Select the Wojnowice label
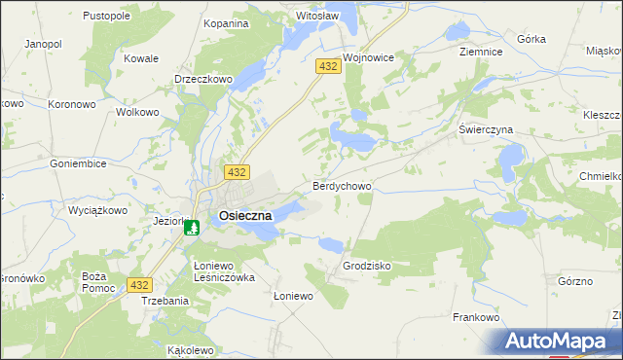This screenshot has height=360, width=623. (368, 57)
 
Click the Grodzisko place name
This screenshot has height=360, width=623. (367, 265)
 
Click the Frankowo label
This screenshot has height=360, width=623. (476, 317)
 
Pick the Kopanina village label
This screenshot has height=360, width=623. (226, 22)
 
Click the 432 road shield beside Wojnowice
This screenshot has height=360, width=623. (327, 65)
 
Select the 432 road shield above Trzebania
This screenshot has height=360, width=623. (140, 285)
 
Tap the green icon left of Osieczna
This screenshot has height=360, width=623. (193, 228)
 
